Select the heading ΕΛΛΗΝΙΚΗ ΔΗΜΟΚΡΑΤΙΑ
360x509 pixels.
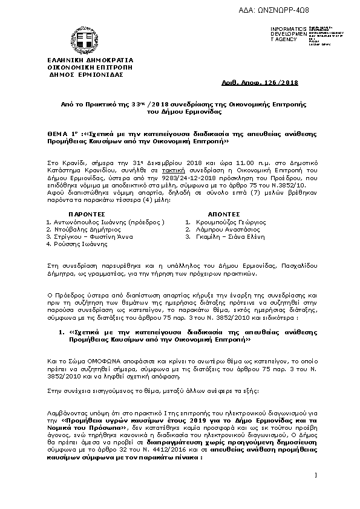point(81,61)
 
